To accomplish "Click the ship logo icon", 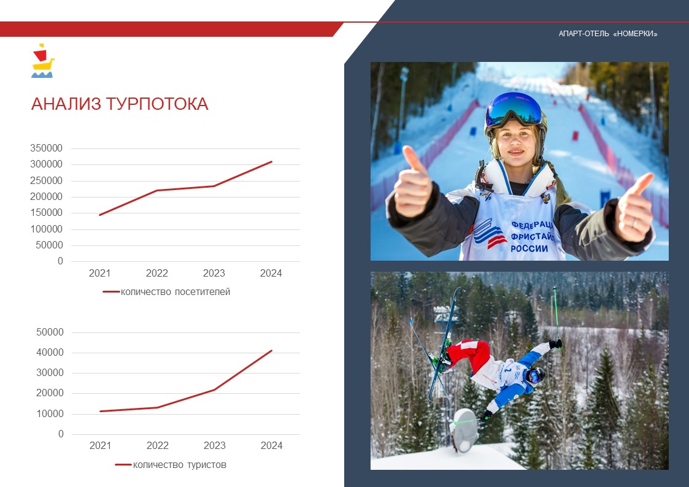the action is pos(42,61).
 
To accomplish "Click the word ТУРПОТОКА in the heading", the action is pos(157,104).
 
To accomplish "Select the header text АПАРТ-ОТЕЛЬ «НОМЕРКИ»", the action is pos(608,34).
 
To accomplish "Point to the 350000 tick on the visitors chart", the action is pos(46,148).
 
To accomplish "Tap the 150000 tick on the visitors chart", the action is pos(46,213).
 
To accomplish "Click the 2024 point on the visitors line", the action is pos(272,161).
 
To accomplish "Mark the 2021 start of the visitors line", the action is pos(100,215).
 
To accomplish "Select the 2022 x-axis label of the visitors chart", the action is pos(157,273).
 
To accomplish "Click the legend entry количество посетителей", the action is pos(166,292).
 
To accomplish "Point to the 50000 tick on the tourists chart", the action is pos(50,332).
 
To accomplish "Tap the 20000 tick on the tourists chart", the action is pos(50,393).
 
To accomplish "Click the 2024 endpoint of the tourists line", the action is pos(272,350).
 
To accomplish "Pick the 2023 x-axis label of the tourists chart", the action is pos(215,446).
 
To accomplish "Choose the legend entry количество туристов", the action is pos(171,464).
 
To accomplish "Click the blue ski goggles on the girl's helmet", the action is pos(514,109).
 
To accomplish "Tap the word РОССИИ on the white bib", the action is pos(529,248).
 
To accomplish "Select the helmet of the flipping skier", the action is pos(536,375).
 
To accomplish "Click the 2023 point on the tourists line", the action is pos(215,389).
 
